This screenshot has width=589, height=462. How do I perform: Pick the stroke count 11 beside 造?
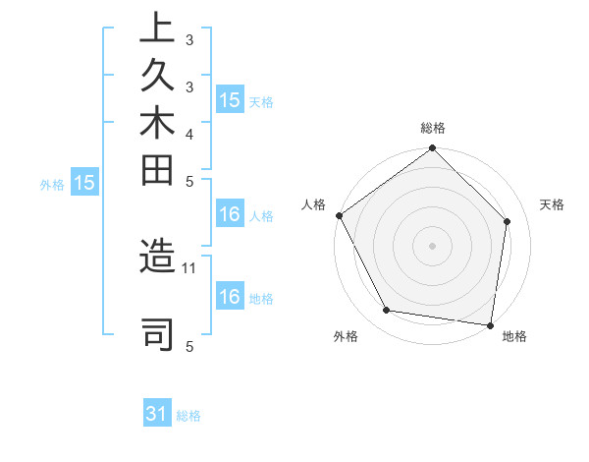pyautogui.click(x=189, y=266)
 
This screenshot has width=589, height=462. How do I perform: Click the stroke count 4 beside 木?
pyautogui.click(x=189, y=133)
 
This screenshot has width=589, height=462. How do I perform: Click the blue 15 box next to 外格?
pyautogui.click(x=84, y=182)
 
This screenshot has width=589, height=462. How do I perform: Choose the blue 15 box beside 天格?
pyautogui.click(x=230, y=100)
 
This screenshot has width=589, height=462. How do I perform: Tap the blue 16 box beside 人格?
pyautogui.click(x=230, y=215)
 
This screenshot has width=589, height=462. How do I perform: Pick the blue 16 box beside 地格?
pyautogui.click(x=230, y=297)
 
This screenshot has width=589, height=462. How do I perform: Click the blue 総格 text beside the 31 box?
pyautogui.click(x=188, y=416)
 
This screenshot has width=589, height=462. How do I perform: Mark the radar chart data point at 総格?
pyautogui.click(x=432, y=149)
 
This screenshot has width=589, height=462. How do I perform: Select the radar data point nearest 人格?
pyautogui.click(x=340, y=215)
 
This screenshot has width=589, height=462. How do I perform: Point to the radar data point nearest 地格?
pyautogui.click(x=490, y=324)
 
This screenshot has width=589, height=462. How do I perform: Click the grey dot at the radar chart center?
pyautogui.click(x=432, y=245)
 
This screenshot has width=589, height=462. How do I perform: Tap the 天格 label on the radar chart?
pyautogui.click(x=552, y=204)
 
